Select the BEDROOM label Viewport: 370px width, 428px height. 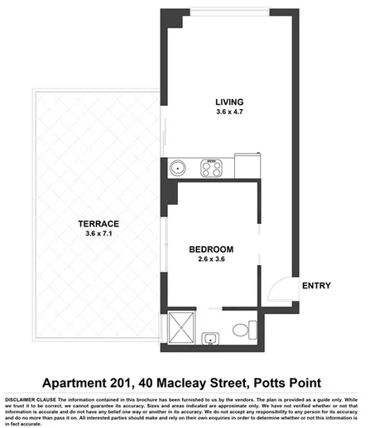(x=211, y=249)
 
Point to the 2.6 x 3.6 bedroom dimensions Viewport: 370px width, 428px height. (x=211, y=259)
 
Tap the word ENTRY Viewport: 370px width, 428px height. (x=316, y=286)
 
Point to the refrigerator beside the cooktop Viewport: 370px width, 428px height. (x=246, y=164)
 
